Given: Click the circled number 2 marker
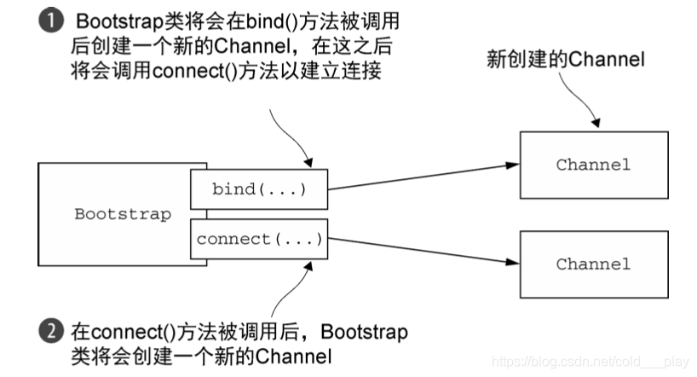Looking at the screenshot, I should [48, 331].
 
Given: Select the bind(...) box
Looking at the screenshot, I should [258, 188].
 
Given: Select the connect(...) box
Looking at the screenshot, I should [258, 240].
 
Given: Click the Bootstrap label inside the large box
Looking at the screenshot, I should [122, 214].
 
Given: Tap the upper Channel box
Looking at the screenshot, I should [593, 165].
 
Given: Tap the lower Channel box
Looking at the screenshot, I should [593, 264].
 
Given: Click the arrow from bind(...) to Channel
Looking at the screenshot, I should [424, 175].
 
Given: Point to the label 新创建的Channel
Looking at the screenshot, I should [565, 60].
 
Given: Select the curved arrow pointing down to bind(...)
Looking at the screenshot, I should [290, 136].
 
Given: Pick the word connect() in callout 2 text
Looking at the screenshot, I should [121, 331].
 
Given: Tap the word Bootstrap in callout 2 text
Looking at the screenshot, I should [365, 331].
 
